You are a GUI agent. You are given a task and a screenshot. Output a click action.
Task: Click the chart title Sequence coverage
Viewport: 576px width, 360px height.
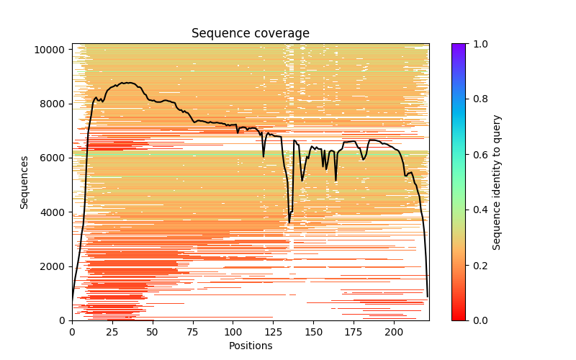click(x=251, y=34)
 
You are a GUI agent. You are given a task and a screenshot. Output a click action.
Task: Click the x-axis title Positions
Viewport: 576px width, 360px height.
click(x=251, y=346)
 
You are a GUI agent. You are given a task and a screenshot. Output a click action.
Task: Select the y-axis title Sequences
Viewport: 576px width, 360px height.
click(x=24, y=182)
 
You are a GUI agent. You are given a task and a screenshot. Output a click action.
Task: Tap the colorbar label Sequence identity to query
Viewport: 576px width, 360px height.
click(x=497, y=182)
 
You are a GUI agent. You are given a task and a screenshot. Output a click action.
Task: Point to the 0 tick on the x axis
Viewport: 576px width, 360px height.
click(x=72, y=332)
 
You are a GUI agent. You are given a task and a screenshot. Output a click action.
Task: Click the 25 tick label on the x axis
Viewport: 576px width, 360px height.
click(x=112, y=332)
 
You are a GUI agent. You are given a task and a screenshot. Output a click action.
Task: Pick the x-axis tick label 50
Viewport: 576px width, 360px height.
click(x=153, y=332)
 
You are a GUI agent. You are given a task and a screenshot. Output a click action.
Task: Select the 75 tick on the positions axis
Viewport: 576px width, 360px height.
click(x=193, y=332)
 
